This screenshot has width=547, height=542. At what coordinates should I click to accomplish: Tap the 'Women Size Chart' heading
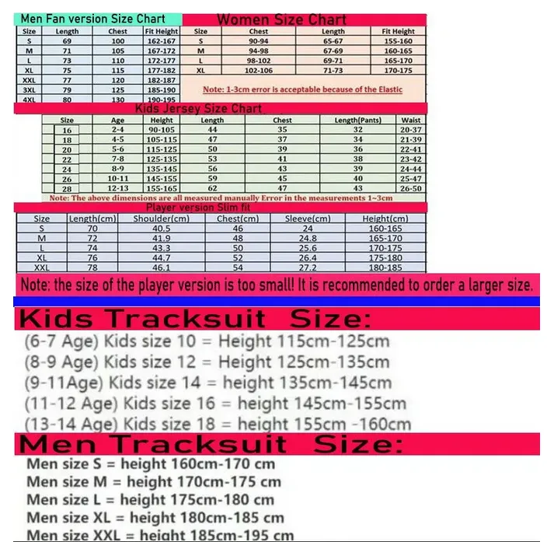[281, 19]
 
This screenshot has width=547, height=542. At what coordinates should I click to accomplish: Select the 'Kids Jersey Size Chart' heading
[199, 109]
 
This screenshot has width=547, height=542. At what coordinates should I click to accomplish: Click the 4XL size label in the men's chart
[29, 100]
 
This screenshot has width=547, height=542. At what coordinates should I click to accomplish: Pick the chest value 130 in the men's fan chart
[118, 100]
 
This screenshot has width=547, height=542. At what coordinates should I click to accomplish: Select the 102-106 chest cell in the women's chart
[260, 70]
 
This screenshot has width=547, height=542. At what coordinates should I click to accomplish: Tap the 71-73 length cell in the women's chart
[333, 70]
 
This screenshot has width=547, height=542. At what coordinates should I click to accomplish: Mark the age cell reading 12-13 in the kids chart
[117, 188]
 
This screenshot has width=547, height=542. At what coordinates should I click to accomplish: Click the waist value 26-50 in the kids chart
[411, 188]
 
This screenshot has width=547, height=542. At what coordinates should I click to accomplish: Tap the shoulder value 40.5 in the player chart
[162, 229]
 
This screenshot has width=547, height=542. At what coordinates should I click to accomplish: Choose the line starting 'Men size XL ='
[155, 517]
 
